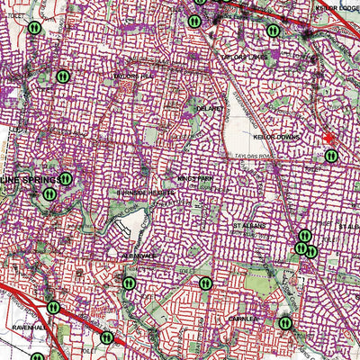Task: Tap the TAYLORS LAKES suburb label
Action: (245, 57)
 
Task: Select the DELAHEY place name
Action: (210, 106)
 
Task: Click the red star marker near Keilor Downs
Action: (330, 138)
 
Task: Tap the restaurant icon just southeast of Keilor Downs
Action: (331, 156)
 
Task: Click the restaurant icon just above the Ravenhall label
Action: (53, 307)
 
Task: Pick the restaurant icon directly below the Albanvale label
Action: (130, 283)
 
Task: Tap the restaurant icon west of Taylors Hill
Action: (62, 76)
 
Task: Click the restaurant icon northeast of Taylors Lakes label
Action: (273, 30)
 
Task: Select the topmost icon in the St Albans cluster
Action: (305, 236)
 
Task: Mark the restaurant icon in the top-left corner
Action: (32, 28)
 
